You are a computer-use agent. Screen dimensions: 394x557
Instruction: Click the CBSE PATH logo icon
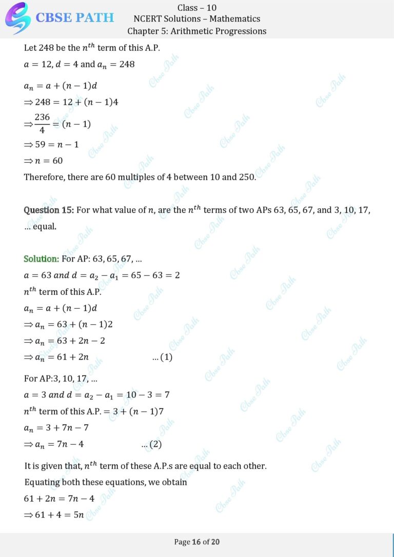(x=17, y=18)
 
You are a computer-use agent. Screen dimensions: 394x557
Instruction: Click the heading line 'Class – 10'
(x=196, y=7)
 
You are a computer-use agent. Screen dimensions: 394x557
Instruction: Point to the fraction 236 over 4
(x=42, y=124)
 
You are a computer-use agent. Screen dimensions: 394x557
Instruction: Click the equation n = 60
(x=47, y=161)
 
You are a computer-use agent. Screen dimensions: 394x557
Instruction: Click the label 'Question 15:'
(x=49, y=210)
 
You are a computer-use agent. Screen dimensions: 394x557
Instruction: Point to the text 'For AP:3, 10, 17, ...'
(x=61, y=379)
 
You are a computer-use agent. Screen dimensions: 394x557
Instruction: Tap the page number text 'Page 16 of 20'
(x=197, y=542)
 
